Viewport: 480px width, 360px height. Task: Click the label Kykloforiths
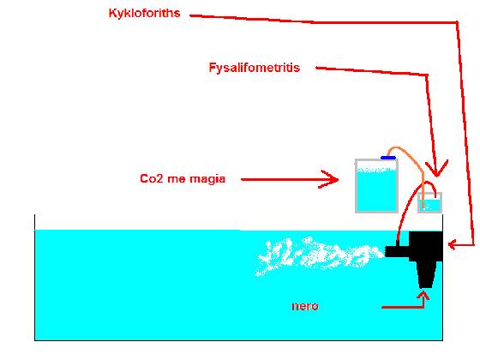[144, 14]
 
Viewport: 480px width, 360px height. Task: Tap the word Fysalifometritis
[254, 68]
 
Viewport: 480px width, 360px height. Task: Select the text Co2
[152, 178]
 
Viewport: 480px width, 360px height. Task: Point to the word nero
[305, 306]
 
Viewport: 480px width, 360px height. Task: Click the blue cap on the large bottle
[388, 158]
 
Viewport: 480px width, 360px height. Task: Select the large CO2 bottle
[376, 186]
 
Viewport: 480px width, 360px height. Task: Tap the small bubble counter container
[429, 202]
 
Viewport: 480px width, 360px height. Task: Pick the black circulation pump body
[426, 247]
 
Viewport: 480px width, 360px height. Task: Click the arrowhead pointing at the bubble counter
[437, 169]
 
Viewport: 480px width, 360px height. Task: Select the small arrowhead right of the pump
[452, 244]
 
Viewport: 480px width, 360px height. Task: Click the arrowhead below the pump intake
[424, 295]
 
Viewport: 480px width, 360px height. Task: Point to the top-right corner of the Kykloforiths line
[457, 22]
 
